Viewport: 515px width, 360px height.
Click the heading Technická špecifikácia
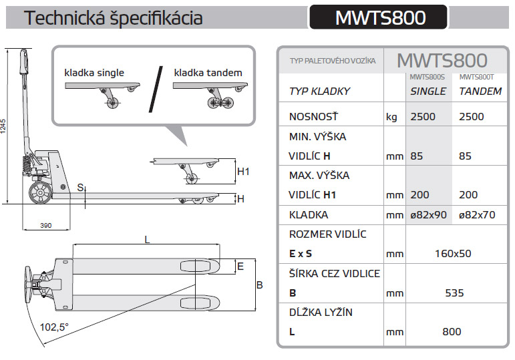[113, 18]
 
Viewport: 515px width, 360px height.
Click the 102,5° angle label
[55, 327]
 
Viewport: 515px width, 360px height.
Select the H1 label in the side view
[243, 172]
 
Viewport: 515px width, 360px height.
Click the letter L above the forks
[146, 238]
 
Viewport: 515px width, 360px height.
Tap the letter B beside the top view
[259, 285]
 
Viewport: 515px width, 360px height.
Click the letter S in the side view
[79, 187]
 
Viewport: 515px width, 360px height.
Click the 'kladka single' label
[94, 72]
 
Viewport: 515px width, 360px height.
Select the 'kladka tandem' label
[208, 72]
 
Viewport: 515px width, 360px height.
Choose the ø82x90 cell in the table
[428, 215]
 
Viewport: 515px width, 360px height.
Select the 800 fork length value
[452, 331]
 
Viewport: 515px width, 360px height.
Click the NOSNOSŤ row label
[313, 117]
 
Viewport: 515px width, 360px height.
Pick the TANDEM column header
[480, 92]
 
